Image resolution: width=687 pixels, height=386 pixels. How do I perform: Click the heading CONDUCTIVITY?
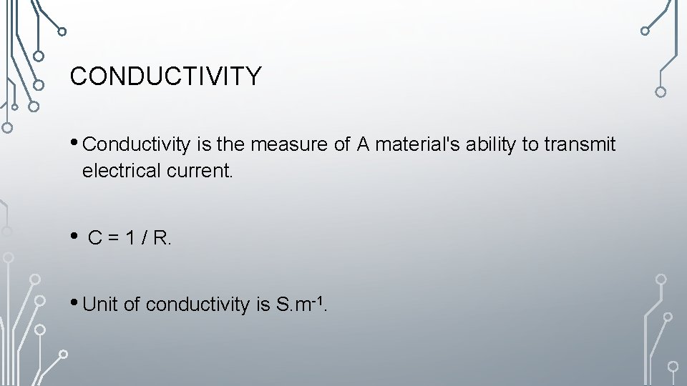[x=166, y=76]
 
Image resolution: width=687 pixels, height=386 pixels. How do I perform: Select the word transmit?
[x=580, y=145]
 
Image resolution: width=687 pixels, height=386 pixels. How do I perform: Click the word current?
[x=203, y=172]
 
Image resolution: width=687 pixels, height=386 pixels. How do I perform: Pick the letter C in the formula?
[x=94, y=239]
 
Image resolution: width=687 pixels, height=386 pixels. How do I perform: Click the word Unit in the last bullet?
[x=101, y=305]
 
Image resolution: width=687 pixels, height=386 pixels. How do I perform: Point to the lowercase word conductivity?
[x=197, y=305]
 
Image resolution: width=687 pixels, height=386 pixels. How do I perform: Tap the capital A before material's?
[x=363, y=145]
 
